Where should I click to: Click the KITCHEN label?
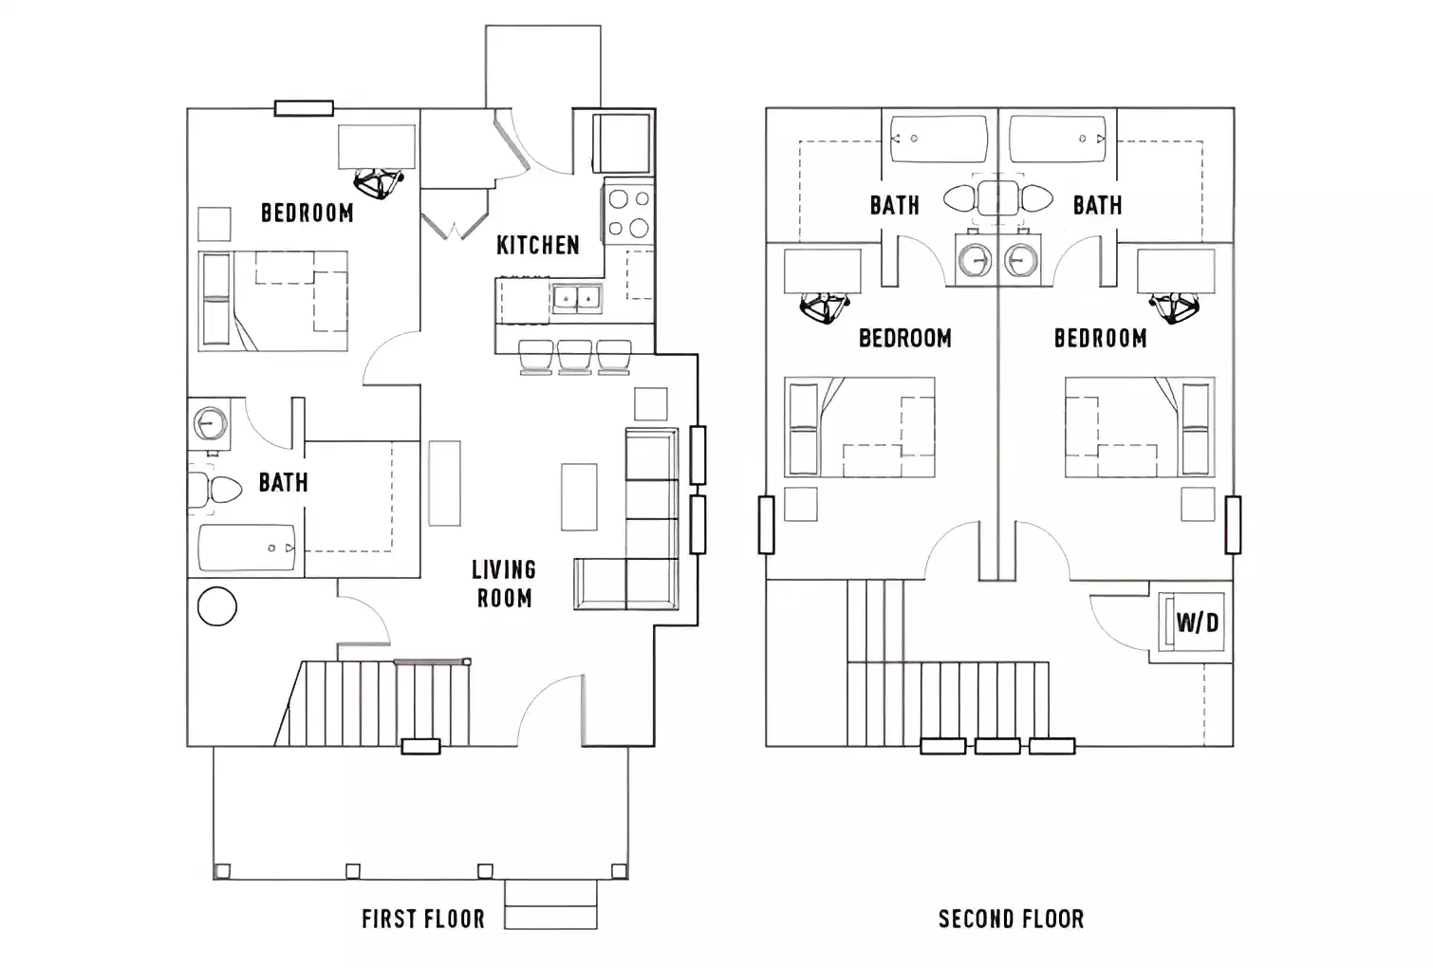click(537, 245)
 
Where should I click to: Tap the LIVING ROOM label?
click(504, 584)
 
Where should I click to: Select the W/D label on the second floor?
click(1197, 623)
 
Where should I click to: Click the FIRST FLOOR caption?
click(423, 919)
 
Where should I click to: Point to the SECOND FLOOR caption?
click(1011, 919)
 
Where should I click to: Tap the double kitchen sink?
click(577, 299)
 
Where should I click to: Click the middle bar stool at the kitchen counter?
click(575, 356)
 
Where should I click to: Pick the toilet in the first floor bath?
click(216, 491)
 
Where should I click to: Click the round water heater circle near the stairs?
click(216, 606)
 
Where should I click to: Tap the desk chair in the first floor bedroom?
click(378, 183)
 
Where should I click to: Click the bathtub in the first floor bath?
click(247, 548)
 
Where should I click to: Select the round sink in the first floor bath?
click(211, 423)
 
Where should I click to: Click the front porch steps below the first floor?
click(550, 904)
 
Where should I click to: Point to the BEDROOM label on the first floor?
click(307, 213)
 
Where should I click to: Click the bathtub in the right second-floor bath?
click(1058, 140)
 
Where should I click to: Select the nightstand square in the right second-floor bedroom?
click(1197, 505)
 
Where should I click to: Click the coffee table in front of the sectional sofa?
click(579, 496)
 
